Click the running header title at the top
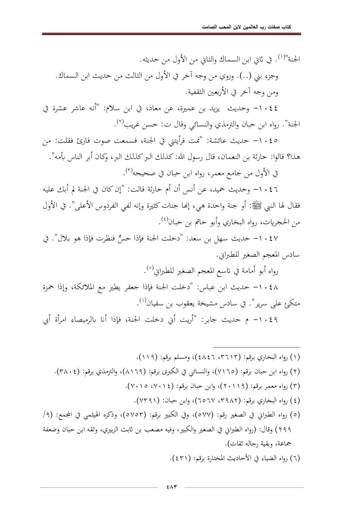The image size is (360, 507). pyautogui.click(x=246, y=27)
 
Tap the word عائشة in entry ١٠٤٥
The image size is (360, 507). pyautogui.click(x=225, y=141)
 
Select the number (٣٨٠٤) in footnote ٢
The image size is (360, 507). pyautogui.click(x=67, y=372)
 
